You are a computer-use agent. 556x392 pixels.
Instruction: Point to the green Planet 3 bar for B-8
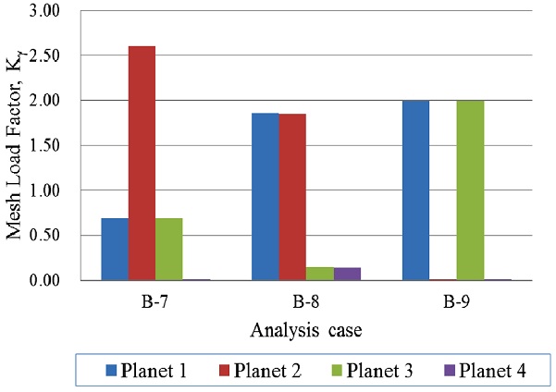[319, 274]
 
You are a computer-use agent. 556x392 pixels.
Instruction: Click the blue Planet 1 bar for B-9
[415, 190]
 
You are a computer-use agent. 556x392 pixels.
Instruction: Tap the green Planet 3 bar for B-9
[470, 190]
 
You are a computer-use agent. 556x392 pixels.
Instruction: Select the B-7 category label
[142, 300]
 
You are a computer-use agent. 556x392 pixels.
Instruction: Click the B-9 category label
[442, 300]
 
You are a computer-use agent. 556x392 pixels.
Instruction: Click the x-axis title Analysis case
[292, 329]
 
